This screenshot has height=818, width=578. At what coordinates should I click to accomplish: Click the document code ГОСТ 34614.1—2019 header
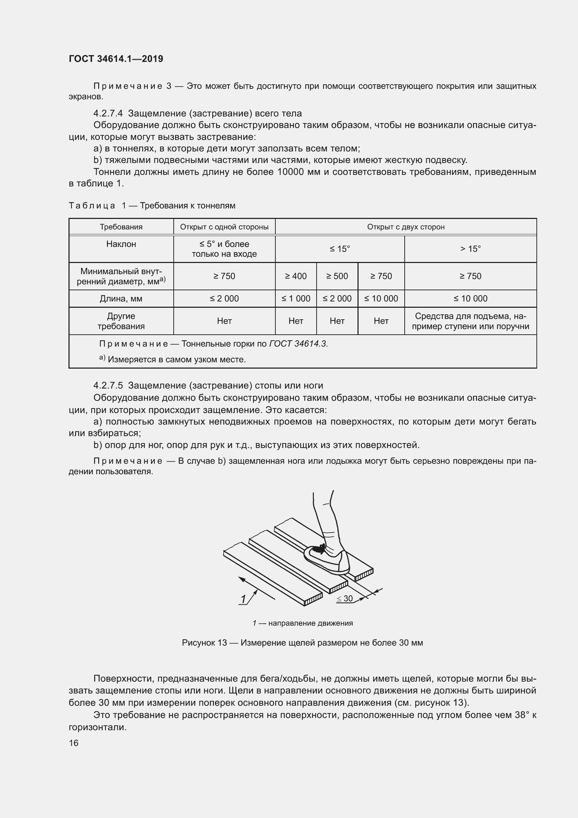pyautogui.click(x=116, y=59)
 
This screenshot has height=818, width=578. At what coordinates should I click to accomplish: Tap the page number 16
pyautogui.click(x=74, y=743)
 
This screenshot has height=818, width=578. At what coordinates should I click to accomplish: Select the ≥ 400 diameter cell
pyautogui.click(x=296, y=276)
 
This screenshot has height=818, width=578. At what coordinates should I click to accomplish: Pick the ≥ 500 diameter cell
pyautogui.click(x=337, y=276)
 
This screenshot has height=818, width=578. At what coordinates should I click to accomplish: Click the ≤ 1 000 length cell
pyautogui.click(x=296, y=299)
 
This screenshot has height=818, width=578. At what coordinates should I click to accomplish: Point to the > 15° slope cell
pyautogui.click(x=470, y=249)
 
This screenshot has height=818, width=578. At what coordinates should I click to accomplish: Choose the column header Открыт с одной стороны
pyautogui.click(x=224, y=227)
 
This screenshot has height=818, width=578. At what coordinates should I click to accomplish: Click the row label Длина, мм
pyautogui.click(x=121, y=299)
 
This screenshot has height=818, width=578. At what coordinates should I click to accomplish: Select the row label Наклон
pyautogui.click(x=121, y=244)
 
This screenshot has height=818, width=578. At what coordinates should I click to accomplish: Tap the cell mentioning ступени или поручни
pyautogui.click(x=470, y=321)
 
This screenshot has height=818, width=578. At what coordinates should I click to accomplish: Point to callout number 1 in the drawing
pyautogui.click(x=244, y=599)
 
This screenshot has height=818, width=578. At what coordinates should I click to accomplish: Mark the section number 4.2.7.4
pyautogui.click(x=108, y=114)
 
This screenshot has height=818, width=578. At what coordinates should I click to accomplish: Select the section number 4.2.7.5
pyautogui.click(x=108, y=385)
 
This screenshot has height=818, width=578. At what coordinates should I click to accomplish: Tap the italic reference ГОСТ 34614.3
pyautogui.click(x=298, y=344)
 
